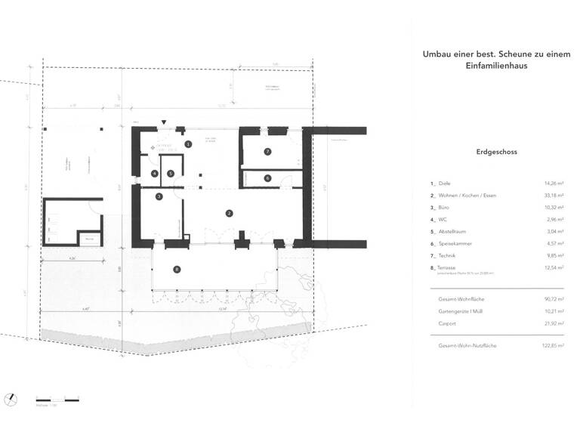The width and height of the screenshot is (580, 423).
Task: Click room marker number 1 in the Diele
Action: click(x=189, y=144)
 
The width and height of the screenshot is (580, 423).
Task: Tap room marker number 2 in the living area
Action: click(x=229, y=214)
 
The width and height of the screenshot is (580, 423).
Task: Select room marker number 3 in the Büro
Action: click(x=159, y=196)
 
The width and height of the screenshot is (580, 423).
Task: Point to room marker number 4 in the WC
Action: click(x=154, y=174)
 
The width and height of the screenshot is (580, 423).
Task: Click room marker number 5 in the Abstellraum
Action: click(x=171, y=174)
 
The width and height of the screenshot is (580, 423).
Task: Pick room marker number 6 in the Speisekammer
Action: click(x=267, y=178)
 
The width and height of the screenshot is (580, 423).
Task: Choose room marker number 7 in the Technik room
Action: click(x=267, y=152)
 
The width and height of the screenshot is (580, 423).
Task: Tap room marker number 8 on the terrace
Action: click(x=177, y=269)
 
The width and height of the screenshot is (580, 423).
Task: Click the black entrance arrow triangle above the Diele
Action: click(x=164, y=122)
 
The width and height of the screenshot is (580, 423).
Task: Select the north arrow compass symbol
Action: click(x=11, y=398)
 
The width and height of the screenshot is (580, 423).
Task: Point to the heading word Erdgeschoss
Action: click(x=497, y=151)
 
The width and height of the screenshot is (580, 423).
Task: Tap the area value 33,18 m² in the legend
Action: click(x=555, y=194)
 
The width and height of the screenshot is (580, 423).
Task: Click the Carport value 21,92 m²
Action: click(x=555, y=323)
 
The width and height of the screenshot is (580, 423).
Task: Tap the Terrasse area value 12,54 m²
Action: click(x=555, y=266)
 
